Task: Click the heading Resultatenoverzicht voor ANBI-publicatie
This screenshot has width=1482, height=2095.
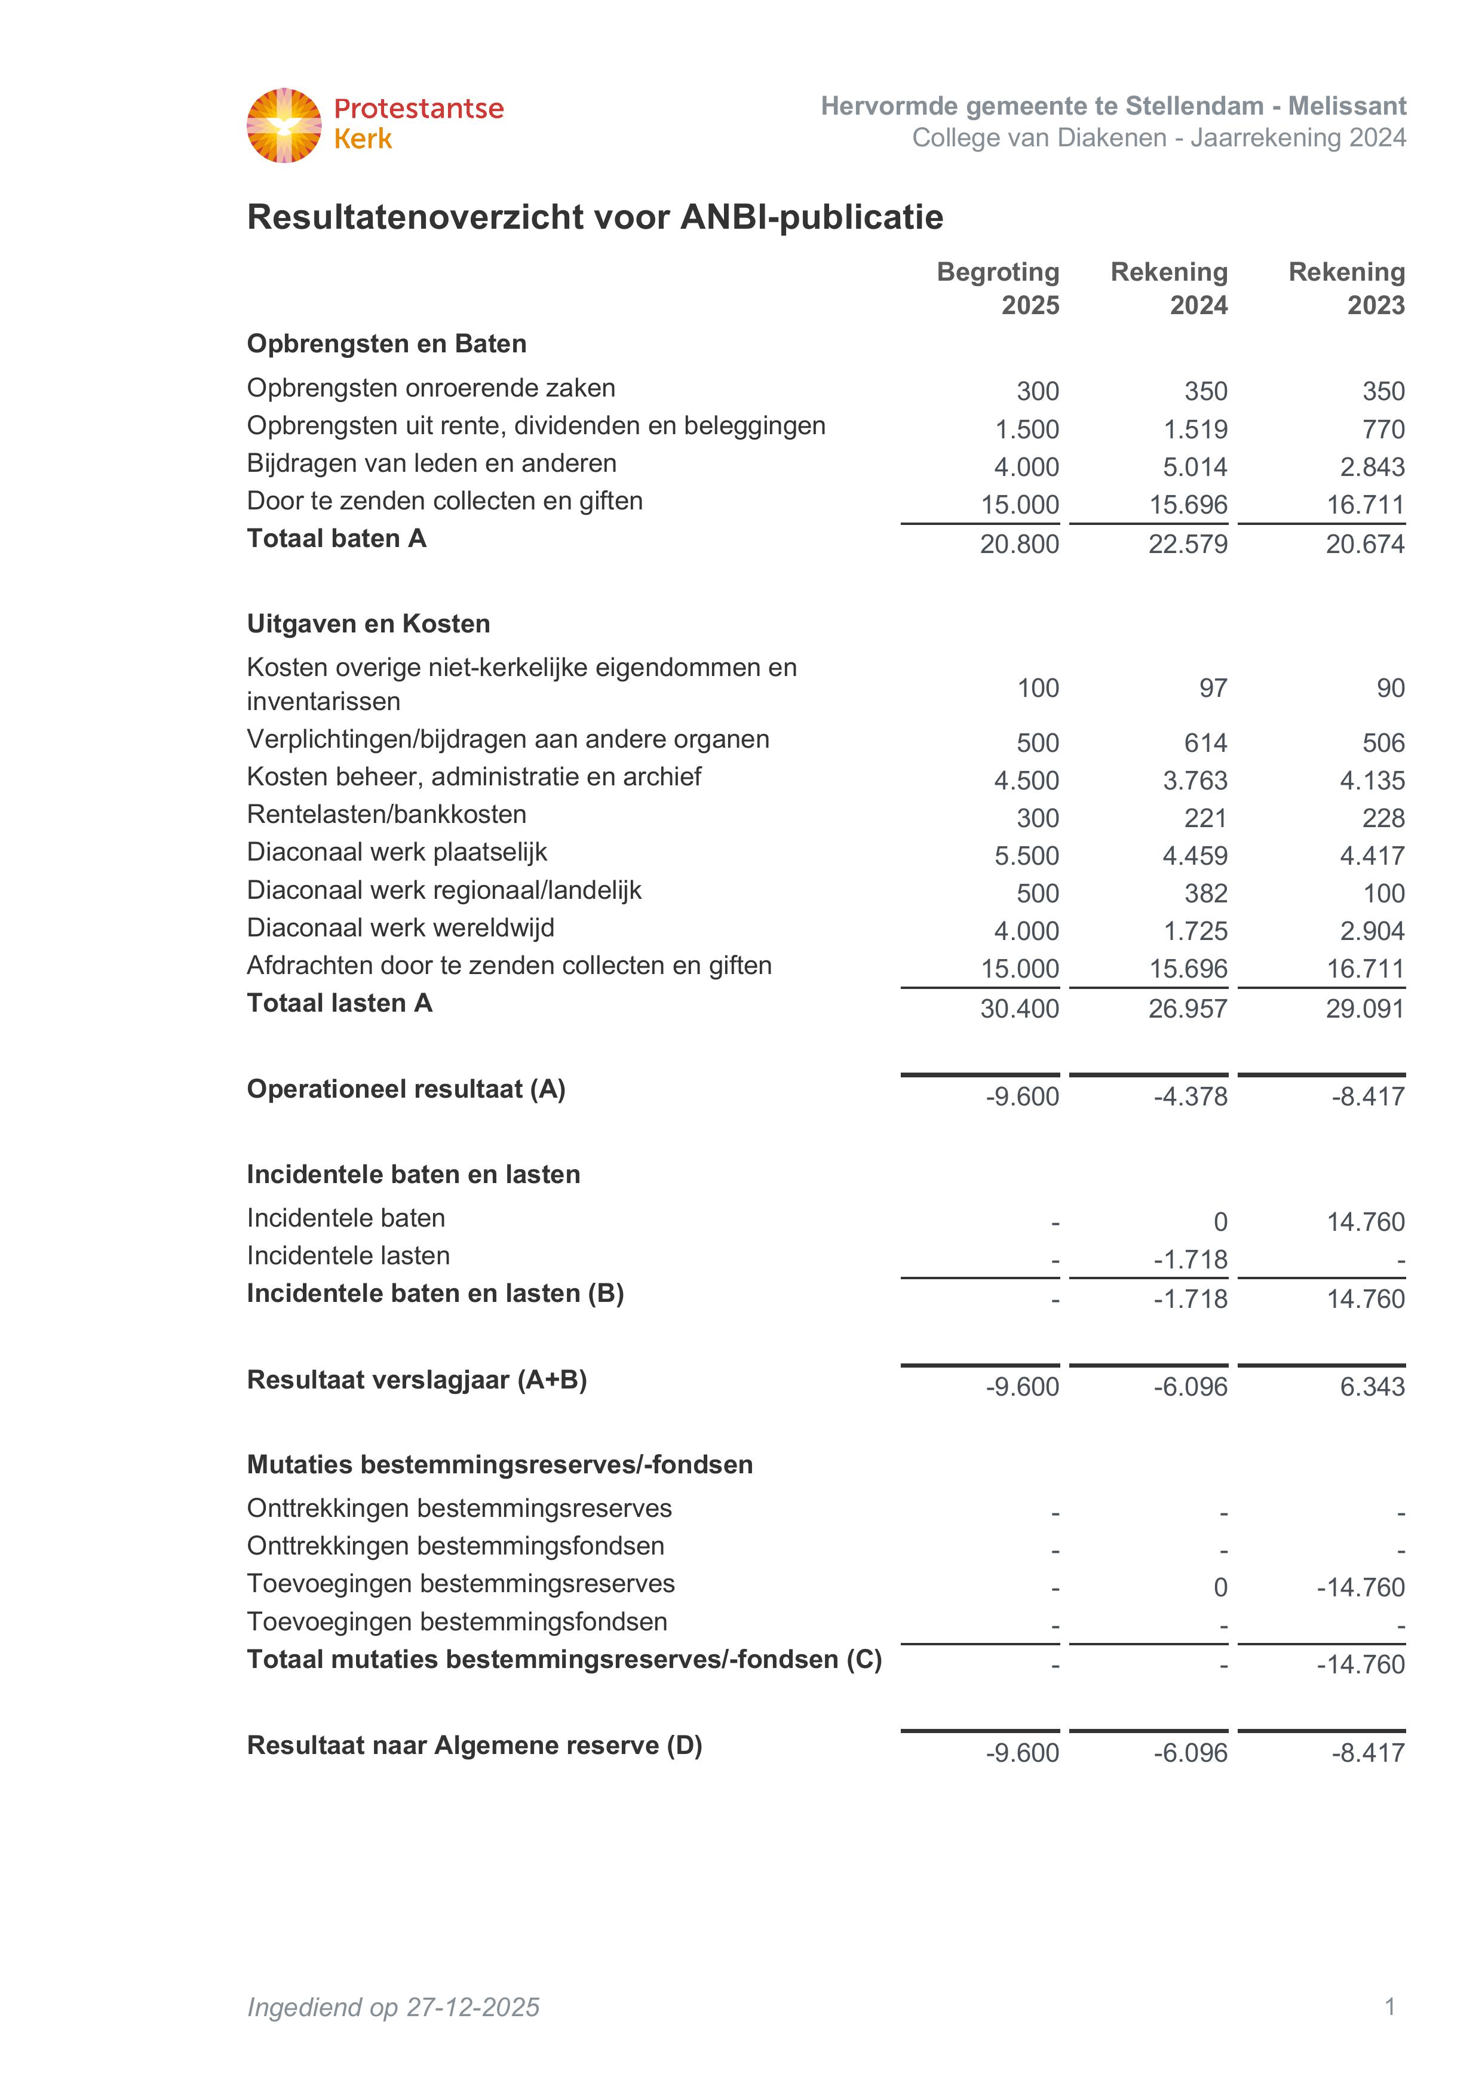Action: [595, 217]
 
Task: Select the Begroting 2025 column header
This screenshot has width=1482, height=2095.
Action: [998, 287]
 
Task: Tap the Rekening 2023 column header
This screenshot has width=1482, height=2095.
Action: [1347, 287]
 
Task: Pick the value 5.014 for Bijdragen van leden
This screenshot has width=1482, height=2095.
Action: [1195, 467]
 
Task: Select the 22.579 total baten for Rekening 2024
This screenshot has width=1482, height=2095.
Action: [1188, 544]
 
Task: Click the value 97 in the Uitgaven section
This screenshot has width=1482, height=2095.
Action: [1213, 688]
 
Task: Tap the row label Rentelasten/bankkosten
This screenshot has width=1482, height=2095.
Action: [387, 814]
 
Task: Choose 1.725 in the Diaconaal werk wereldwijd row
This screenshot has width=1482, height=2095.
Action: [1195, 930]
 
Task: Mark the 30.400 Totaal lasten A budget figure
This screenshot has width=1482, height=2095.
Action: [1019, 1008]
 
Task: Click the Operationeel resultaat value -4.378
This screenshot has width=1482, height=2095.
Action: [1191, 1096]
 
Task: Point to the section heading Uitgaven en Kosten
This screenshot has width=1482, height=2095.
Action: [369, 623]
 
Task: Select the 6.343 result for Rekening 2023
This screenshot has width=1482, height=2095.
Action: [1373, 1386]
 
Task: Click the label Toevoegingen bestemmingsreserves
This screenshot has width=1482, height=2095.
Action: [461, 1583]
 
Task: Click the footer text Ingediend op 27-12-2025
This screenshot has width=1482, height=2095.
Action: [393, 2007]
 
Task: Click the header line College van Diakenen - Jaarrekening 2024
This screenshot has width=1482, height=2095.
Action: [1159, 138]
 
